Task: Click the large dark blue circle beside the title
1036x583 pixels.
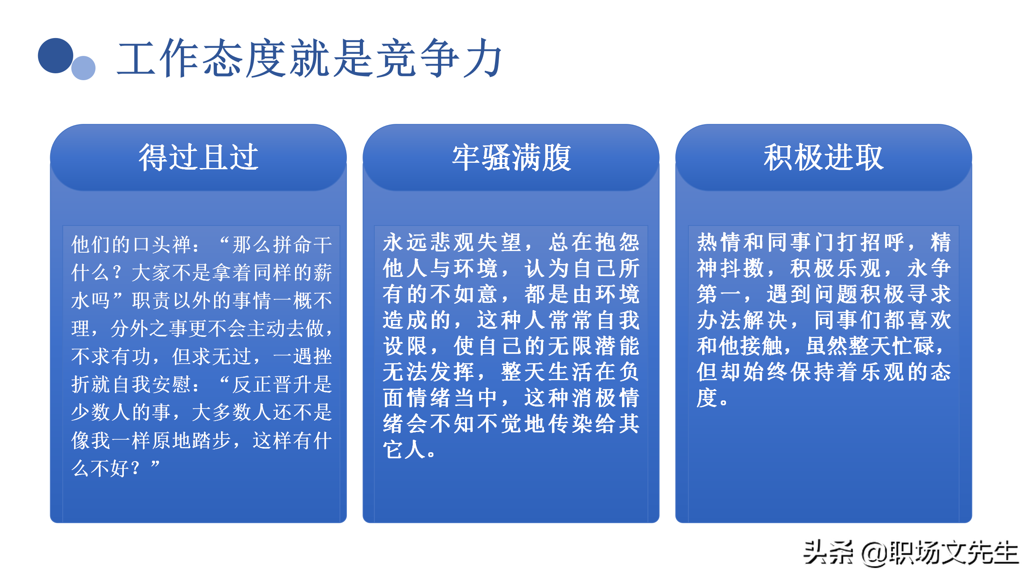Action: [x=55, y=56]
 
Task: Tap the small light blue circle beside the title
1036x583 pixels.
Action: [x=83, y=68]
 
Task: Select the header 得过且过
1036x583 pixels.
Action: [x=198, y=157]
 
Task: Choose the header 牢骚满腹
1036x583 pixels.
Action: [x=511, y=157]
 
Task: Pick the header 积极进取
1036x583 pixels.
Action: [x=824, y=157]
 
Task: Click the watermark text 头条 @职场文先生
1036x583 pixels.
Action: [x=911, y=553]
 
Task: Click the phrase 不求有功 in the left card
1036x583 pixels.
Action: [x=110, y=356]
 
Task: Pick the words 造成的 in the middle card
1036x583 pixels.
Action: [x=417, y=320]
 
